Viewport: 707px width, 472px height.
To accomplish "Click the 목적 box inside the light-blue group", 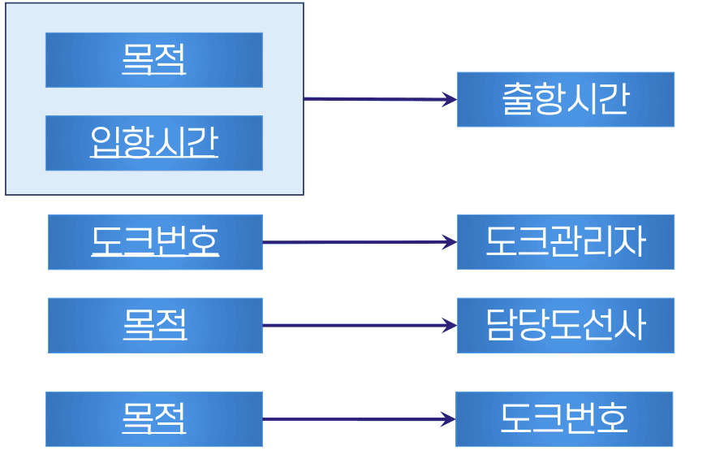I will [x=153, y=59].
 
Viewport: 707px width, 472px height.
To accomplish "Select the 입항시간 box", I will [x=153, y=143].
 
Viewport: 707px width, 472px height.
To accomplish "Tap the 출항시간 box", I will [x=565, y=99].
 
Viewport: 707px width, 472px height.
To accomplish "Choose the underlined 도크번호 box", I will [x=155, y=242].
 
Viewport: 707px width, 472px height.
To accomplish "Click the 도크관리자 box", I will [x=565, y=242].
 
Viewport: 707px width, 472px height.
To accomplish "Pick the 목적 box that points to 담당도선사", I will [x=155, y=325].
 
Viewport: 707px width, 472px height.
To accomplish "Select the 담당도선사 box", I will [x=565, y=325].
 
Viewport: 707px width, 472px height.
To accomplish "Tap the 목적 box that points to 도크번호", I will [x=153, y=419].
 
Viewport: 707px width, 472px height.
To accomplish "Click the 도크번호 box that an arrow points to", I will [x=563, y=419].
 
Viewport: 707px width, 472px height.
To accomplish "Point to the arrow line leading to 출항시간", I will [x=373, y=99].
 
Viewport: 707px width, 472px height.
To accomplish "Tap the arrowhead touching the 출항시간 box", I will [x=450, y=100].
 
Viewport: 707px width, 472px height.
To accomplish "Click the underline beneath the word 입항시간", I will [x=153, y=158].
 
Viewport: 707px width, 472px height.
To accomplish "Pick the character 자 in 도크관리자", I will [x=630, y=242].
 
